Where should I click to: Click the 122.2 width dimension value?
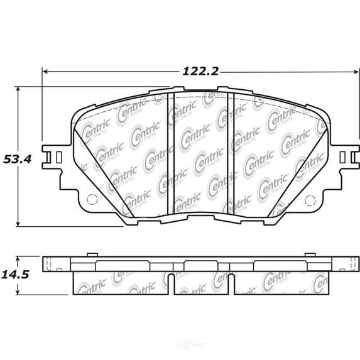[200, 71]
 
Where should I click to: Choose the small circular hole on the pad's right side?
[309, 200]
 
